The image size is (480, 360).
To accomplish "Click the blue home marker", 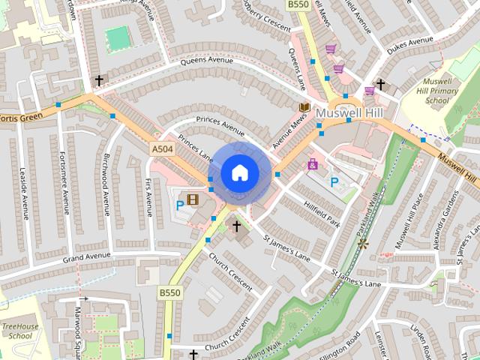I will coord(239,172).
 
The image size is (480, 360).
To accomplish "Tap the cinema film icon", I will coord(193,199).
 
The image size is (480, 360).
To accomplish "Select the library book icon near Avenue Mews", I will coord(304,108).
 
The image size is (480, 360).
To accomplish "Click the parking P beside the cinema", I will coord(180,204).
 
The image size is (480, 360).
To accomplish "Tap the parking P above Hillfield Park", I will coord(334,181).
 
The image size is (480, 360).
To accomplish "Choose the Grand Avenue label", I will coord(87,257).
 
